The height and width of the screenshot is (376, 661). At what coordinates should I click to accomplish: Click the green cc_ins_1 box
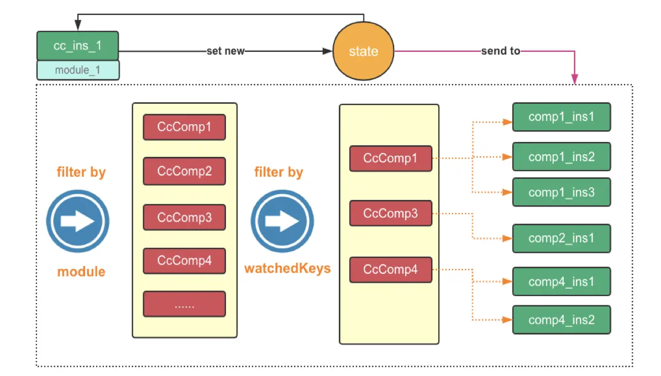point(77,45)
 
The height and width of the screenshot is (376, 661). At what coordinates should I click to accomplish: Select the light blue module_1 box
point(78,70)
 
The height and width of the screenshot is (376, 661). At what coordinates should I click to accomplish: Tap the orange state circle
point(363,51)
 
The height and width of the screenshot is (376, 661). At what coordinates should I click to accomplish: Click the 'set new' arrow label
point(225,51)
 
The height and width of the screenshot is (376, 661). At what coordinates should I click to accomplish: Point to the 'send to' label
point(501,51)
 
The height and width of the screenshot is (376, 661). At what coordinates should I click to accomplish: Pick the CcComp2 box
point(184,171)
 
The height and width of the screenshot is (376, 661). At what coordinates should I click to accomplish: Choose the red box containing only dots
point(184,304)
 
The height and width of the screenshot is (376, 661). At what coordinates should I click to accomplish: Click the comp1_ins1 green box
point(562,116)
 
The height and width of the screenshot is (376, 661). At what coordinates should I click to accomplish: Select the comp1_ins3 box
point(562,193)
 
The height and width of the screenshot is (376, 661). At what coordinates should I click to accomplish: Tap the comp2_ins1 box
point(562,239)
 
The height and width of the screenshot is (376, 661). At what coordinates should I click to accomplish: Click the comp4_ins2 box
point(562,320)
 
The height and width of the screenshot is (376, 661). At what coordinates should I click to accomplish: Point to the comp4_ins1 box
point(562,281)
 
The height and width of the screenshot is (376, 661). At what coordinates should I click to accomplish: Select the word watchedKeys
point(287,268)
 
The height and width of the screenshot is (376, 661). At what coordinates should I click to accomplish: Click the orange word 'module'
point(81,272)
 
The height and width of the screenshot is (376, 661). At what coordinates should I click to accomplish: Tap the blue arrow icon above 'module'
point(77,221)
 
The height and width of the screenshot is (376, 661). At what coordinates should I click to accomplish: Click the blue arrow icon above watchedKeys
point(282,221)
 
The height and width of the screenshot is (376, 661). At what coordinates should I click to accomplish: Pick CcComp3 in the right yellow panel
point(391,213)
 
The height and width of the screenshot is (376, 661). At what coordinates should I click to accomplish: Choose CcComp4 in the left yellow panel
point(184,261)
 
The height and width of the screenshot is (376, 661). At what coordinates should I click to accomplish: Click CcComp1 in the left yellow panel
point(184,127)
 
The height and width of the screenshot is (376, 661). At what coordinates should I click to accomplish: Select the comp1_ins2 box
point(562,157)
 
